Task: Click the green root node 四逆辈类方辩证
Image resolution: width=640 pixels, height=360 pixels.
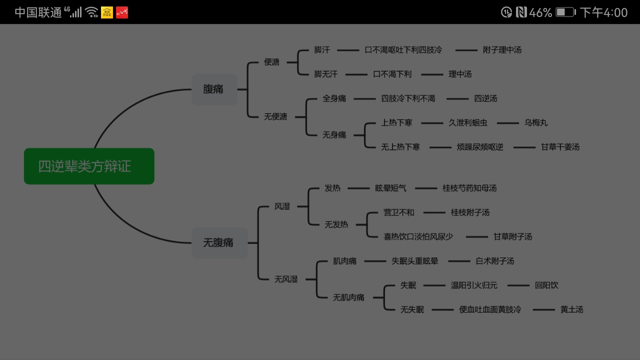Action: pos(89,166)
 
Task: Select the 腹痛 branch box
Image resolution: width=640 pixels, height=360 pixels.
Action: pos(214,89)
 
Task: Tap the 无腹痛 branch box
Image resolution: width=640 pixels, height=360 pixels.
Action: pos(219,243)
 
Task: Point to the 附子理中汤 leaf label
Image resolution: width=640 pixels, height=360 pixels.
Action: pos(502,50)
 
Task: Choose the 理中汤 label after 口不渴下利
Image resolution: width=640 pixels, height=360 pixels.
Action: pos(460,74)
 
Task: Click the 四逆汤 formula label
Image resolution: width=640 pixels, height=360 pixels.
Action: pos(485,98)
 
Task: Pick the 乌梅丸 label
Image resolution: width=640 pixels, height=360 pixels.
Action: pos(535,123)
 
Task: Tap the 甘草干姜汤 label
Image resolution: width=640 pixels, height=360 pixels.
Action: pos(560,147)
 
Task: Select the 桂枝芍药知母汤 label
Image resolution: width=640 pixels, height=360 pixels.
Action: pos(469,188)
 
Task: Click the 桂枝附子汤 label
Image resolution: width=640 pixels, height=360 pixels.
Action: pos(470,212)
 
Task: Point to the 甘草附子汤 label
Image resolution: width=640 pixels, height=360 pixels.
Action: pos(512,237)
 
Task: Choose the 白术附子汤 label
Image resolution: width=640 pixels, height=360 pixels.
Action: pos(494,261)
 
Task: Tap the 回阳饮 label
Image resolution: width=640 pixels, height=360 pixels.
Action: pos(546,285)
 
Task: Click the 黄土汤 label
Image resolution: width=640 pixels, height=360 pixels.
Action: pos(571,309)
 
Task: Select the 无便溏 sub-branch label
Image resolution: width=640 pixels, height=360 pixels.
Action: pos(275,116)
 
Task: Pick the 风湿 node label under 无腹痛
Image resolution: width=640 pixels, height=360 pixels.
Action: pos(282,206)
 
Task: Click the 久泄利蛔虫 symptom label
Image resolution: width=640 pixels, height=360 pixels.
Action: pos(467,123)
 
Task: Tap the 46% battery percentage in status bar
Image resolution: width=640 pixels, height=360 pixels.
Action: pos(540,12)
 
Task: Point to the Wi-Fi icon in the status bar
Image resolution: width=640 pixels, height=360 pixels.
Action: pos(91,12)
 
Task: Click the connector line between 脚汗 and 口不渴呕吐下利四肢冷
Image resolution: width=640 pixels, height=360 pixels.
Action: pos(348,50)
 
